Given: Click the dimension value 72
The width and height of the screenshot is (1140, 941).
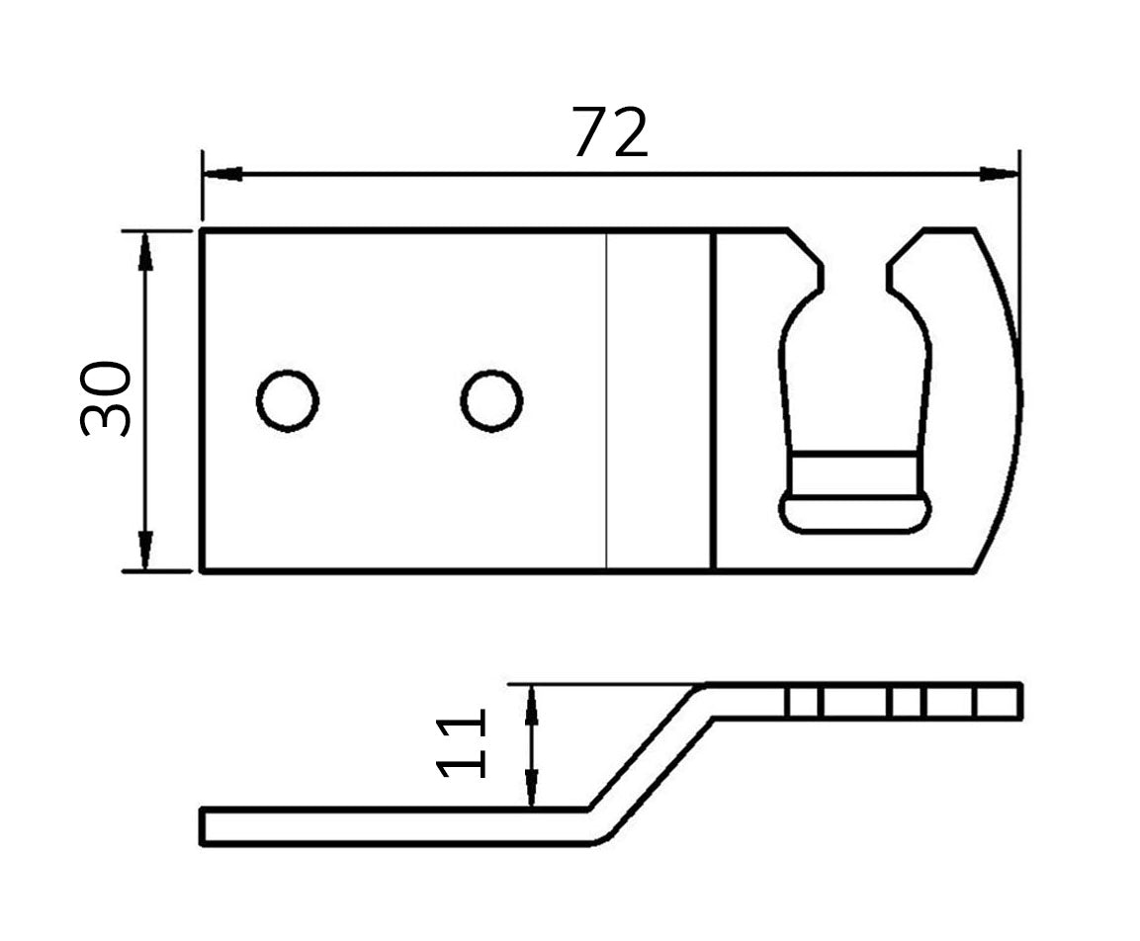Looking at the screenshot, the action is (609, 132).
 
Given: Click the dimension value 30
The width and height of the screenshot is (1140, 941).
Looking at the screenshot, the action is (106, 398).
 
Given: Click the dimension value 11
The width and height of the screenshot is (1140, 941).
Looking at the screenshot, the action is (460, 745).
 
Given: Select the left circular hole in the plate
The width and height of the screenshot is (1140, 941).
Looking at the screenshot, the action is (288, 401).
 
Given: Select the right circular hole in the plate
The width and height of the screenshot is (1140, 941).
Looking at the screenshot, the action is (492, 401).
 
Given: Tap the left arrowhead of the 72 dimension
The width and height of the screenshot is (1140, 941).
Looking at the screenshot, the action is (222, 174).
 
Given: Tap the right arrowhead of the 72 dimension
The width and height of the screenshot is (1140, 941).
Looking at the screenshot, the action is (999, 174).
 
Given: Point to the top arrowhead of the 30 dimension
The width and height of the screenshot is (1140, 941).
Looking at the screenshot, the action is (145, 251).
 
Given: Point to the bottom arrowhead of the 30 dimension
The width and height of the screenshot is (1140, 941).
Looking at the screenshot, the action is (145, 550).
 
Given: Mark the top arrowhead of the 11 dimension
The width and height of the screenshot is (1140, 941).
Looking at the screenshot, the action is (532, 705).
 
